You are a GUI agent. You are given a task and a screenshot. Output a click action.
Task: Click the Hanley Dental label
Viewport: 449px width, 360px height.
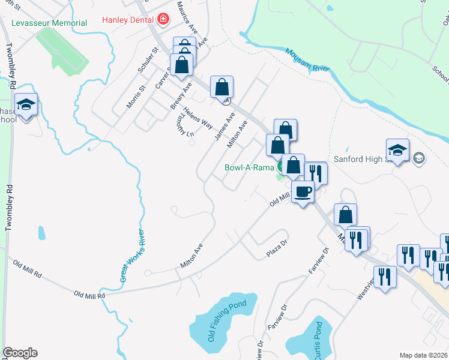coord(128,20)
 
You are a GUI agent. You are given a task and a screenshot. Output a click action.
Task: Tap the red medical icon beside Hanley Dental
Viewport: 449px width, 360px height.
coord(161,20)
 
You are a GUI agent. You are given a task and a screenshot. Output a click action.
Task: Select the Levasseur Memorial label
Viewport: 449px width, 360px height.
coord(49,23)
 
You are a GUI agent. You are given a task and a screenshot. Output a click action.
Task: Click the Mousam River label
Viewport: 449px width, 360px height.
coord(307,60)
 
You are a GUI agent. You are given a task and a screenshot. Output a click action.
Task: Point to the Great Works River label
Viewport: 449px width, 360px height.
coord(133,255)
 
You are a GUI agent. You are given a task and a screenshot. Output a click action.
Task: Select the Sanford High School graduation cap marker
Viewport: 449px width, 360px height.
coord(398,151)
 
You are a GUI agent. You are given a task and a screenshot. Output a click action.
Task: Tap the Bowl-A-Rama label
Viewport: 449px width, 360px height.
coord(249,167)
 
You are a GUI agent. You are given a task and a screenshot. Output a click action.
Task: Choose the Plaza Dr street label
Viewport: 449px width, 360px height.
coord(278,251)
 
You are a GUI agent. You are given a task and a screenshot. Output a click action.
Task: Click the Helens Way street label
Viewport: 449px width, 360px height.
coord(198,118)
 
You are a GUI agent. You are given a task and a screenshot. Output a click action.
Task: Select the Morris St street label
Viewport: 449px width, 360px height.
coord(136,96)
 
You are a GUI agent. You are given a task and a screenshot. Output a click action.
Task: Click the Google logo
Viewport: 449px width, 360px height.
coord(20,353)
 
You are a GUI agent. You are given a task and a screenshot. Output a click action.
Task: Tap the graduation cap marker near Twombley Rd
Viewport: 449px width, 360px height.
coord(26,106)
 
